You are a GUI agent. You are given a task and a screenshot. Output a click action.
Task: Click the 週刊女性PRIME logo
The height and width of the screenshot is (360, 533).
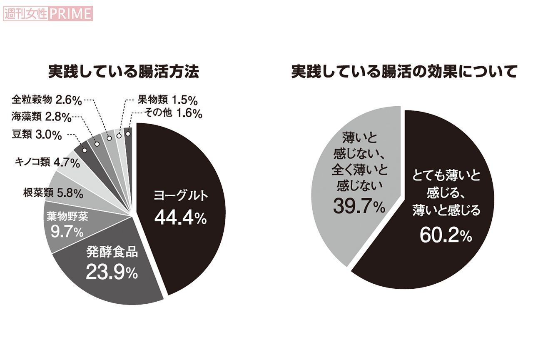[47, 13]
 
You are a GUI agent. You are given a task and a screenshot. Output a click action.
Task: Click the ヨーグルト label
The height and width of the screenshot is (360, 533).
[180, 196]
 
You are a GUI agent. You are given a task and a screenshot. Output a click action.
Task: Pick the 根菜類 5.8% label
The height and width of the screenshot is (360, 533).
[54, 194]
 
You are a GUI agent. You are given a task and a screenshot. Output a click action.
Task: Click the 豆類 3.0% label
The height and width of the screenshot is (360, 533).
[37, 135]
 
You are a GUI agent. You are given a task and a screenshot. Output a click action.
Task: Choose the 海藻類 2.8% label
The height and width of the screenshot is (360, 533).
[42, 117]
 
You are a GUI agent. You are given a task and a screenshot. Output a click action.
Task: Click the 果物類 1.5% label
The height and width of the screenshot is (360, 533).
[167, 100]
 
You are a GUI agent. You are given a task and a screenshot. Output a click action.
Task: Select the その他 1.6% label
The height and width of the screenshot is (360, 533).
[172, 113]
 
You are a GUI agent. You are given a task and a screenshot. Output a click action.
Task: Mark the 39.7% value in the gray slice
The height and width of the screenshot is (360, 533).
[359, 206]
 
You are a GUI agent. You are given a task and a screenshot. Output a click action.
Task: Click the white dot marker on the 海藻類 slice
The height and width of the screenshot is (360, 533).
[97, 144]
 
